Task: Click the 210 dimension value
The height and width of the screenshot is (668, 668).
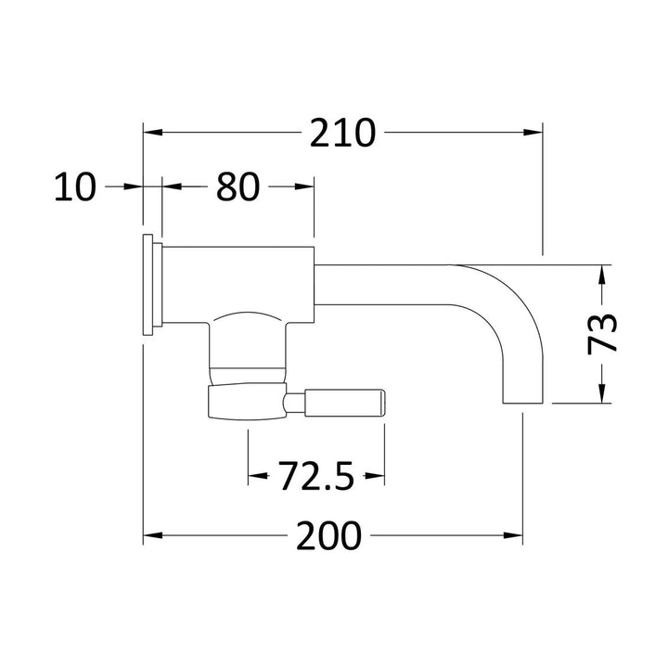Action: coord(342,133)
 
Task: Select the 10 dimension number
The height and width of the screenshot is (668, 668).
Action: coord(75,186)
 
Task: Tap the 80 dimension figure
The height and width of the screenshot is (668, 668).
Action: coord(238,186)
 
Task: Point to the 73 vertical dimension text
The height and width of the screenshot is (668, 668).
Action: coord(602,334)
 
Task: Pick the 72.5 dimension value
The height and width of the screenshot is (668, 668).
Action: coord(316,476)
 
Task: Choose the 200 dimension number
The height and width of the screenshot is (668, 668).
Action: coord(328,535)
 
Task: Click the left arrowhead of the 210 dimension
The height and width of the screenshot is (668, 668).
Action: coord(153,133)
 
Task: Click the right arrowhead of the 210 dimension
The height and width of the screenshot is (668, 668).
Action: coord(533,133)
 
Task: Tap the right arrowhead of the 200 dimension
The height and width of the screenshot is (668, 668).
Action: coord(513,535)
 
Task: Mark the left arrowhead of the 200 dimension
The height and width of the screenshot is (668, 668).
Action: coord(153,535)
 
